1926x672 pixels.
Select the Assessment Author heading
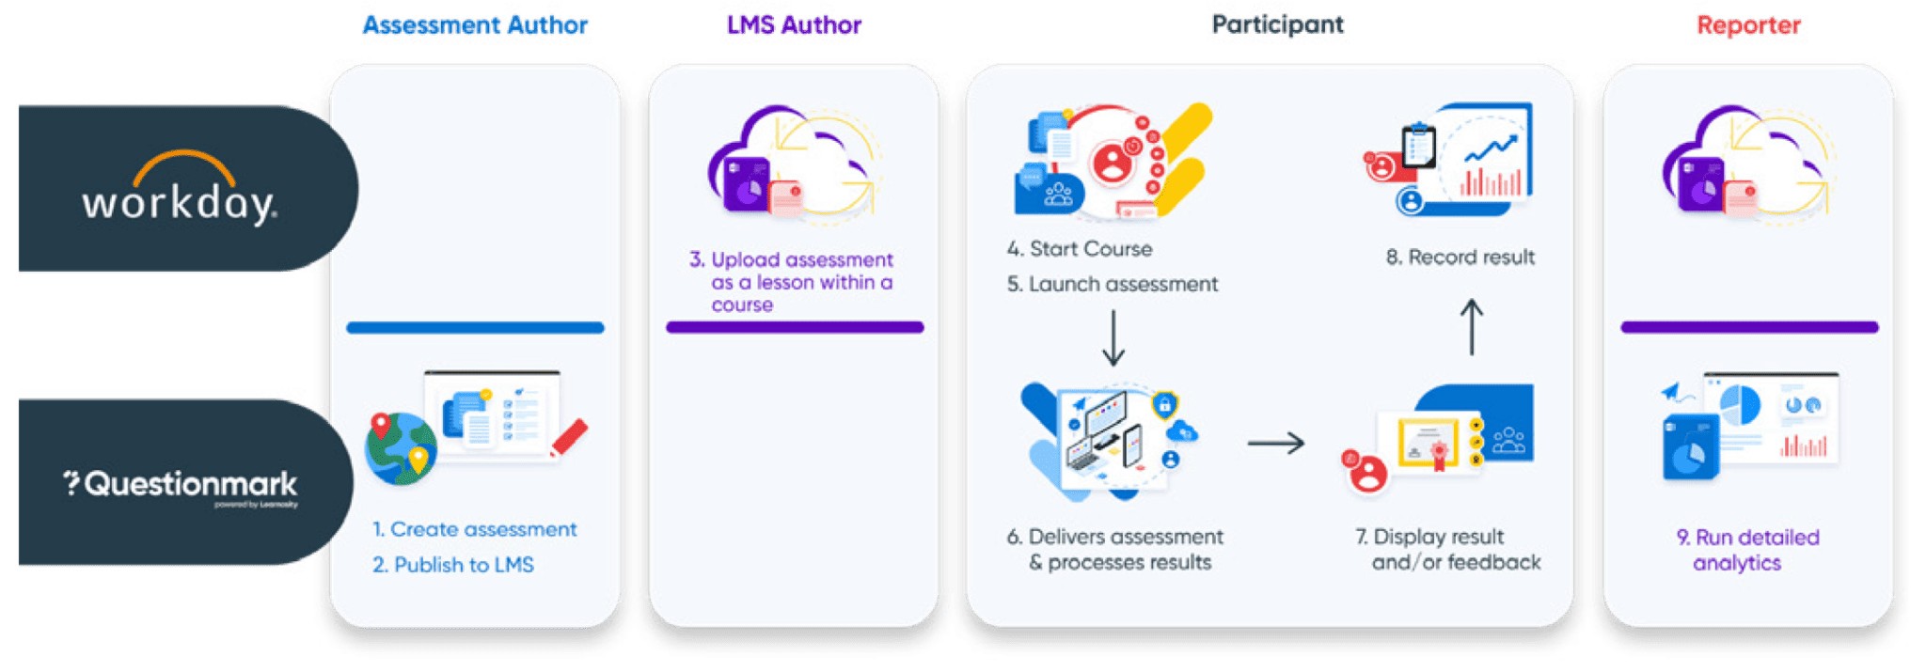[476, 25]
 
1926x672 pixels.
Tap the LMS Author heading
[794, 25]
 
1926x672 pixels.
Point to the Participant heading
[1278, 25]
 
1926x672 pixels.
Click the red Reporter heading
[1748, 25]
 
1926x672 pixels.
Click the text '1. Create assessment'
[475, 529]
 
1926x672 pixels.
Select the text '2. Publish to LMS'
[453, 565]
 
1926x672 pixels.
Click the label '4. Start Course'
[1080, 249]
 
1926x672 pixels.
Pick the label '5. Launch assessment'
[1113, 284]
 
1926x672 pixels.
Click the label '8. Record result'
[1460, 258]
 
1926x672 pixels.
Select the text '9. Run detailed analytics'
[1747, 550]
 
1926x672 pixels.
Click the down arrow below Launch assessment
[1113, 337]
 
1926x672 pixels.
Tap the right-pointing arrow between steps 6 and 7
[1276, 443]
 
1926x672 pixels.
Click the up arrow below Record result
[1472, 327]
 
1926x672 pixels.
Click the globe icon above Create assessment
[401, 448]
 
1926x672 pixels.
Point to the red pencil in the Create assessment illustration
[569, 438]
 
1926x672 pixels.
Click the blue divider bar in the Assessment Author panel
[475, 328]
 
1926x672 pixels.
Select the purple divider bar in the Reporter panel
[1749, 327]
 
